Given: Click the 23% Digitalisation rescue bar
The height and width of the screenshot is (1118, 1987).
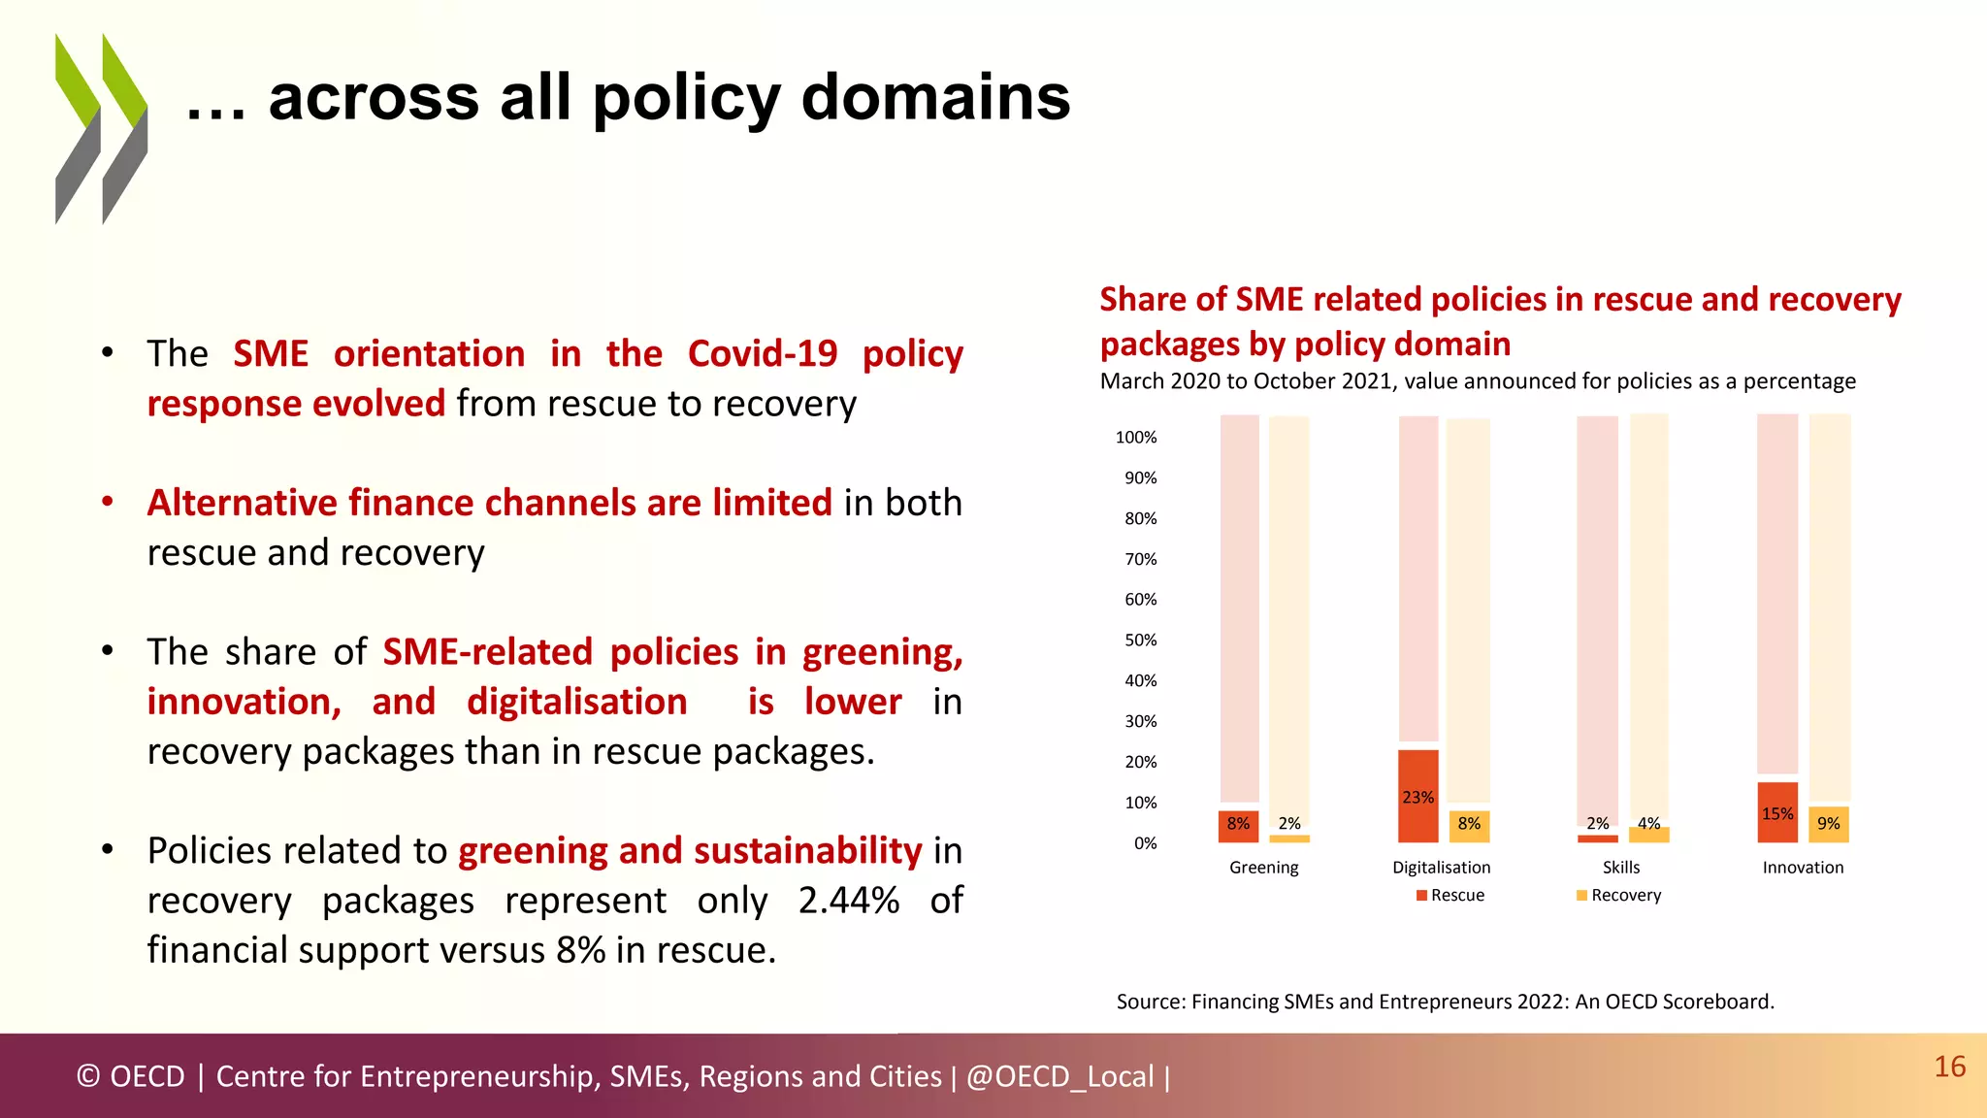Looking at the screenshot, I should (x=1417, y=796).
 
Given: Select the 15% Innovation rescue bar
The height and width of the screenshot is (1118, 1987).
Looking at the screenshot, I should (x=1776, y=812).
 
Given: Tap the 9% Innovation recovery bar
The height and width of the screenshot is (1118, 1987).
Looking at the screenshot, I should (x=1828, y=824).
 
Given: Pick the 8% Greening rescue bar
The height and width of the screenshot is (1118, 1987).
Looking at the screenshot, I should (x=1238, y=826).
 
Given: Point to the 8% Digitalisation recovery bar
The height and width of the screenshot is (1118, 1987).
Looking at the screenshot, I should (x=1469, y=826).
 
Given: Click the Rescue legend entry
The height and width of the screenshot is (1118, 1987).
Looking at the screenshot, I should (x=1450, y=895).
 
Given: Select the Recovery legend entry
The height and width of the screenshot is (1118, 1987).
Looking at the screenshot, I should (x=1619, y=895).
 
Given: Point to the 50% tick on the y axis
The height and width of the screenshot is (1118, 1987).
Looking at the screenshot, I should (x=1140, y=641).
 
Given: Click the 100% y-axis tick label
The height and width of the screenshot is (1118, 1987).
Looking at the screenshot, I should (x=1136, y=438).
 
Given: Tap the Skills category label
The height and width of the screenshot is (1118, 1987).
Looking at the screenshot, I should (x=1620, y=868).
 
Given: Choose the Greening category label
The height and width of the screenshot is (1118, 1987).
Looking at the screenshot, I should (x=1263, y=868).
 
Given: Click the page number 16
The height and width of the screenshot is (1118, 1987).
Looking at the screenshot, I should (x=1949, y=1067).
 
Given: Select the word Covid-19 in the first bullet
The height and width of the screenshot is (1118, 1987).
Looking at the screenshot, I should (x=762, y=353).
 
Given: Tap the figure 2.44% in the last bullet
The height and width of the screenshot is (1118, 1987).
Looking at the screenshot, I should (x=848, y=900).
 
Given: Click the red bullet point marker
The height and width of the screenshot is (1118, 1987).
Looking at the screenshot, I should (x=108, y=502).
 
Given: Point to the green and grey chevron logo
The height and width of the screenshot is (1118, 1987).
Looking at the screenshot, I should (x=101, y=129).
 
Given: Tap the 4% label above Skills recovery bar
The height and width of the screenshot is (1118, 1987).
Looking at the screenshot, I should (x=1648, y=823).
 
